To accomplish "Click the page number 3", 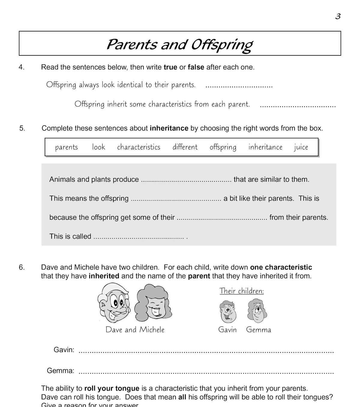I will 338,16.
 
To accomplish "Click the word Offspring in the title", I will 221,45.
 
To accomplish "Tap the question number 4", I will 22,67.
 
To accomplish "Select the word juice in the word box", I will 301,147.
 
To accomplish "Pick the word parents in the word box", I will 66,147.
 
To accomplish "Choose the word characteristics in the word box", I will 139,147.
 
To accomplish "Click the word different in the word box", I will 185,147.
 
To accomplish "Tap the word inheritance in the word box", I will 265,147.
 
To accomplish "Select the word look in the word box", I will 98,147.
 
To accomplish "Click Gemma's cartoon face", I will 257,311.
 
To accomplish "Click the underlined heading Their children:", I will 241,291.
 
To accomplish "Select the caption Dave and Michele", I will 135,330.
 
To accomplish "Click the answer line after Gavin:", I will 206,351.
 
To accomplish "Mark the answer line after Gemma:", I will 206,372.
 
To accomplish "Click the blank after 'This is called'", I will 139,237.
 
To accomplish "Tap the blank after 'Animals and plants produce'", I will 186,180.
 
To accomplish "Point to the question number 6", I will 22,267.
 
